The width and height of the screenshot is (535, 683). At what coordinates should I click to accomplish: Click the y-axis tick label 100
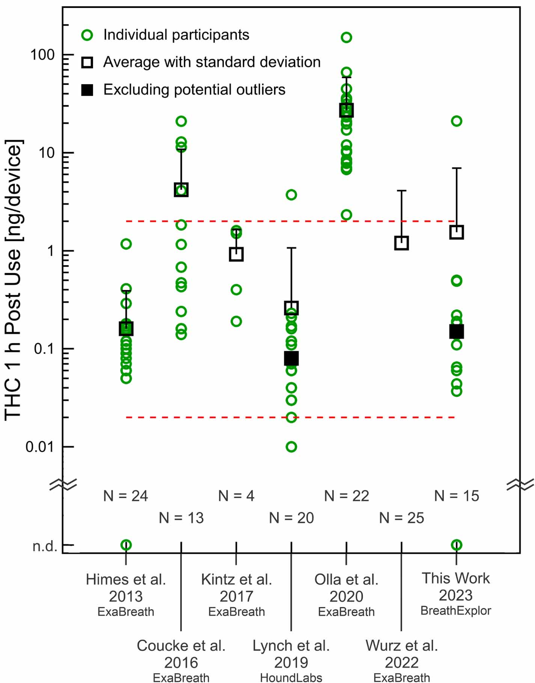point(42,54)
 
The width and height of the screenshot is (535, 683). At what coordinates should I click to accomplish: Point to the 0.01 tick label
point(40,447)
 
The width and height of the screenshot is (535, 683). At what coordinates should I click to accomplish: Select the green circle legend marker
point(87,35)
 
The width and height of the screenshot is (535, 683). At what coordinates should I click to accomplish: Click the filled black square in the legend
point(87,90)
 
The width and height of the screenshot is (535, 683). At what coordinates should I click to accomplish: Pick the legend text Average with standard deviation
point(212,62)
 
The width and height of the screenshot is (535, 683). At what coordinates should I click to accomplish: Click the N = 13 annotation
point(181,518)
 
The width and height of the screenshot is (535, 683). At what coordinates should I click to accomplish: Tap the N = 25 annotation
point(401,518)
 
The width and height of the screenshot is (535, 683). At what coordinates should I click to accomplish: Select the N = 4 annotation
point(236,496)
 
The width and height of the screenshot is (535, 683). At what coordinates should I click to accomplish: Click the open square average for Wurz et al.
point(401,243)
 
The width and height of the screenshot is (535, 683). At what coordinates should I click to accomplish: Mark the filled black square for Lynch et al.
point(291,358)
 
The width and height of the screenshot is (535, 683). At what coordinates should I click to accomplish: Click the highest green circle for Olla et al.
point(346,37)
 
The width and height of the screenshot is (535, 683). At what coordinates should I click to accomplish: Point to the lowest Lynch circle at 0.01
point(291,447)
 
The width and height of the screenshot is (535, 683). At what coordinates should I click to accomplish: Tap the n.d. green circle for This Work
point(457,545)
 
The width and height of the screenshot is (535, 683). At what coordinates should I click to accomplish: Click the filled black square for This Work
point(457,331)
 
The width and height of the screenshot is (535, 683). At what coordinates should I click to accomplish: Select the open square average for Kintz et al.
point(236,254)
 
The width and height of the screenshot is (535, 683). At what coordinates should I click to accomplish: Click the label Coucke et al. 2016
point(181,654)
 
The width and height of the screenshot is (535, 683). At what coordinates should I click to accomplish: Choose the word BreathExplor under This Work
point(455,611)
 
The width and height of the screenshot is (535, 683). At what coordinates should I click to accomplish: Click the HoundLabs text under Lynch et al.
point(291,677)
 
